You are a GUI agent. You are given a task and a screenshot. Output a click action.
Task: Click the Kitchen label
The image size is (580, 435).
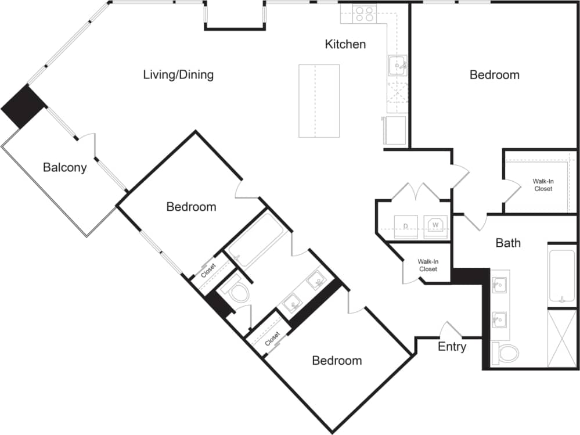[x=345, y=44]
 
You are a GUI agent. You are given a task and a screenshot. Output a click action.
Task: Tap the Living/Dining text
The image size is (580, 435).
[x=178, y=75]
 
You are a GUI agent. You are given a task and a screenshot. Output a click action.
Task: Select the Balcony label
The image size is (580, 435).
[x=64, y=168]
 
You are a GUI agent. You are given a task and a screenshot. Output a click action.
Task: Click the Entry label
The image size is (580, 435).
[x=452, y=347]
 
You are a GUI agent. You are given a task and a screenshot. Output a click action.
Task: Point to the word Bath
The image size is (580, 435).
[x=507, y=243]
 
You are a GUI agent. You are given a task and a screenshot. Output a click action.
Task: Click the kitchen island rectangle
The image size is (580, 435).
[x=319, y=100]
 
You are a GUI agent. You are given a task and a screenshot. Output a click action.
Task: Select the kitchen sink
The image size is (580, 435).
[x=398, y=66]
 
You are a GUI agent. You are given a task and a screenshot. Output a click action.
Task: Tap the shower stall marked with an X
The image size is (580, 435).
[x=562, y=338]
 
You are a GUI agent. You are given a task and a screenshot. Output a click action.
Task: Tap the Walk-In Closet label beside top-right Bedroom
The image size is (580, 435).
[x=543, y=185]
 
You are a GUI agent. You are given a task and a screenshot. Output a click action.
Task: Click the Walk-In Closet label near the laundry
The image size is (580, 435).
[x=427, y=265]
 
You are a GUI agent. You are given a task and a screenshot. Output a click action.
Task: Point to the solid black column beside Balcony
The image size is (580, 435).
[x=24, y=107]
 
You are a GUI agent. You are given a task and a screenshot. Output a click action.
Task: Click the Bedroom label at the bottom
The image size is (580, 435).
[x=337, y=361]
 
